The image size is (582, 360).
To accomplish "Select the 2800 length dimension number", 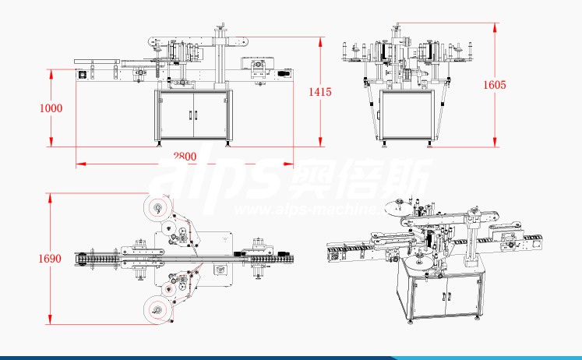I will [184, 156].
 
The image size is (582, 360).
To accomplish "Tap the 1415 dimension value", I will [320, 92].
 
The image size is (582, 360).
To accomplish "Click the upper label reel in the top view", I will [158, 207].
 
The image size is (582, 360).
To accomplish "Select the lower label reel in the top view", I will [158, 310].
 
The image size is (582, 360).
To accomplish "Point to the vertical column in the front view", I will [221, 58].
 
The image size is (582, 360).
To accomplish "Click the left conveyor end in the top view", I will [79, 258].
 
